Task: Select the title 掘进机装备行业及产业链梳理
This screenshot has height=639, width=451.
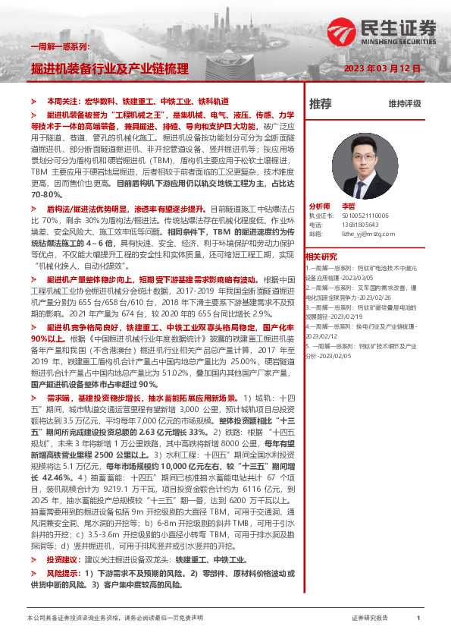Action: click(x=110, y=68)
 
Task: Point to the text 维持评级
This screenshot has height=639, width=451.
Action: click(x=404, y=103)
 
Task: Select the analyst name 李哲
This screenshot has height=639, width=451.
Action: click(x=349, y=206)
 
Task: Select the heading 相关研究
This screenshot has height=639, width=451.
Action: click(x=321, y=256)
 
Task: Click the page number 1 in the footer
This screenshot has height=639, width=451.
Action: click(x=418, y=619)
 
